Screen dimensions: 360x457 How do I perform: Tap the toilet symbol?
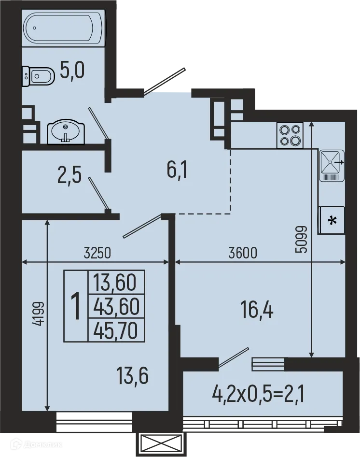pyautogui.click(x=39, y=76)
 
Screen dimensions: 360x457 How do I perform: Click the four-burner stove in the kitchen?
pyautogui.click(x=290, y=135)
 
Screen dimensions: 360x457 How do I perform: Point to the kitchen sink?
pyautogui.click(x=332, y=165)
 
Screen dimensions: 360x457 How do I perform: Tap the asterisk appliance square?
pyautogui.click(x=332, y=220)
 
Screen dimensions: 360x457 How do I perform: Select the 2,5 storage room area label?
pyautogui.click(x=69, y=174)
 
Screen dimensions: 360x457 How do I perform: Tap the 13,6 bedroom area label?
pyautogui.click(x=132, y=375)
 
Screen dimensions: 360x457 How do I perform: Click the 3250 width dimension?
pyautogui.click(x=97, y=253)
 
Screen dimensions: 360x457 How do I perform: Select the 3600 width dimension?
pyautogui.click(x=243, y=253)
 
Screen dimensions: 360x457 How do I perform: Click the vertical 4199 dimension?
pyautogui.click(x=38, y=313)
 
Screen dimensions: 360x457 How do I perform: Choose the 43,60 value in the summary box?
pyautogui.click(x=116, y=306)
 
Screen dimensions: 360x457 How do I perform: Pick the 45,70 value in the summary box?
pyautogui.click(x=116, y=330)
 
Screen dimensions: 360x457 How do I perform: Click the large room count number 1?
pyautogui.click(x=76, y=306)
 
